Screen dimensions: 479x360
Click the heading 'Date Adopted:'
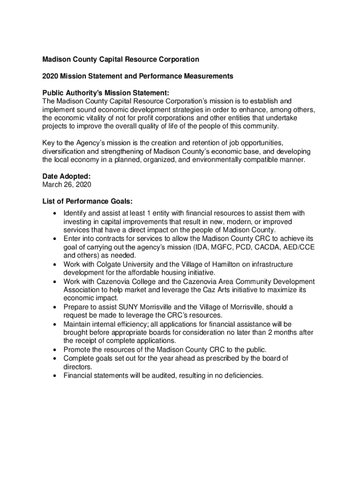[66, 176]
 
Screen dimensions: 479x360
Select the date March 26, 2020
[67, 185]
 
